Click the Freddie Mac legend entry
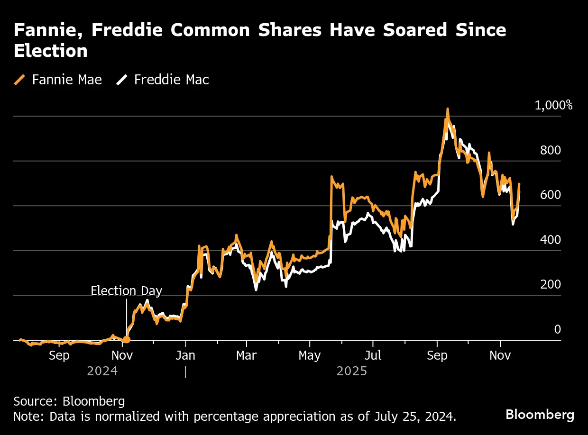click(x=163, y=80)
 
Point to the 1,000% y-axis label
click(x=553, y=105)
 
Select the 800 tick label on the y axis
click(x=550, y=150)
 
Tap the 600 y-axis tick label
click(x=550, y=195)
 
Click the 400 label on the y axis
click(x=550, y=240)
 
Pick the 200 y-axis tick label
click(x=550, y=284)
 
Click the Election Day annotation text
click(x=126, y=290)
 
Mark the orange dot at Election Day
click(x=126, y=339)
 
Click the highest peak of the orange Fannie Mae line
click(x=447, y=109)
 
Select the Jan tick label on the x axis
click(x=185, y=355)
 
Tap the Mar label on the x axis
click(x=246, y=355)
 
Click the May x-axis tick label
click(x=309, y=355)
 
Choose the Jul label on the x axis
click(x=373, y=355)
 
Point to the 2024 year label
click(x=102, y=371)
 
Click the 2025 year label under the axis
click(x=352, y=371)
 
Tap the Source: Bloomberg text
click(x=69, y=401)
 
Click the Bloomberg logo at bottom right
click(x=540, y=415)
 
